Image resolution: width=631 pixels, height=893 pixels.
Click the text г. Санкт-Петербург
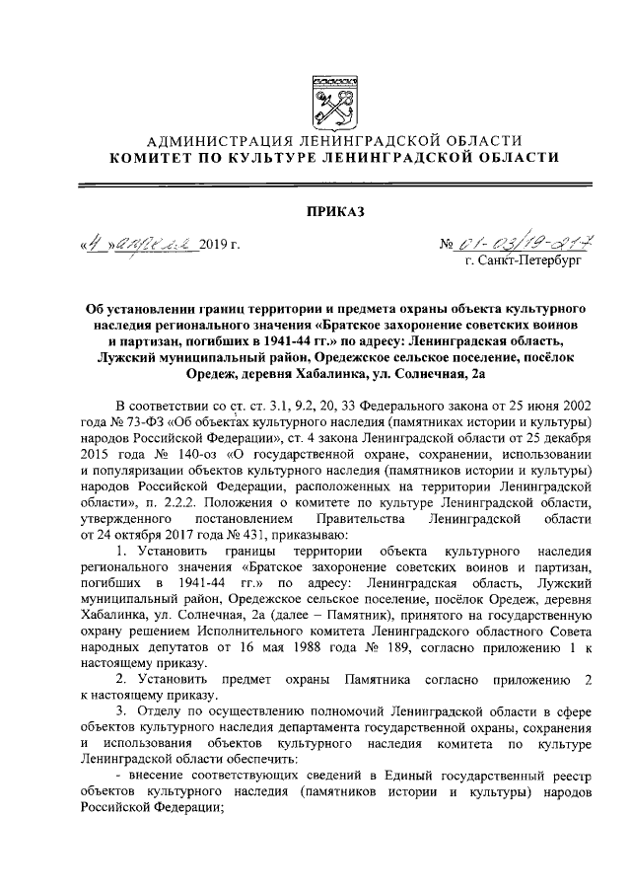coord(526,262)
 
